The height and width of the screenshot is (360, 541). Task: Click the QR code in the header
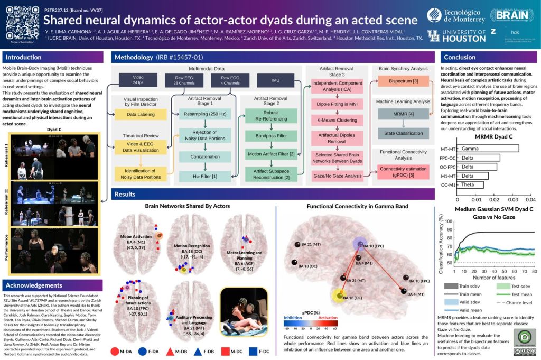(20, 21)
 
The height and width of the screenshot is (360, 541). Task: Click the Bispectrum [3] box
(400, 80)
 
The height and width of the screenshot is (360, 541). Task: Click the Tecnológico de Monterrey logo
(456, 15)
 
